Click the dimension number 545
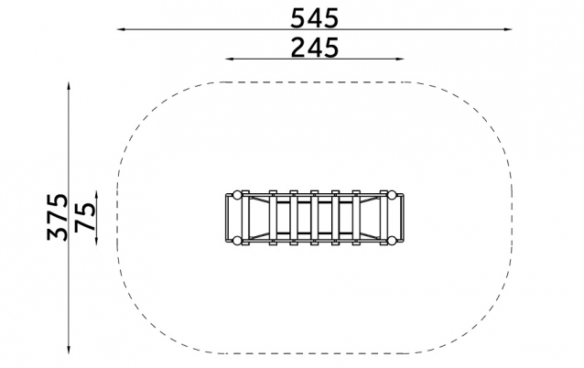click(314, 18)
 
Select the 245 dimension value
click(314, 48)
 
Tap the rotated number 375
click(58, 217)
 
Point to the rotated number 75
click(85, 217)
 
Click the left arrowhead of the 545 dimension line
click(121, 29)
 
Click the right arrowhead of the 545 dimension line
click(508, 29)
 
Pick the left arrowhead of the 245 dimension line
click(230, 59)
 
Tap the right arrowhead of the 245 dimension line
click(400, 59)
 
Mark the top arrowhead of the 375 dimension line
click(69, 86)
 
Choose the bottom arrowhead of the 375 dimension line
click(69, 350)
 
